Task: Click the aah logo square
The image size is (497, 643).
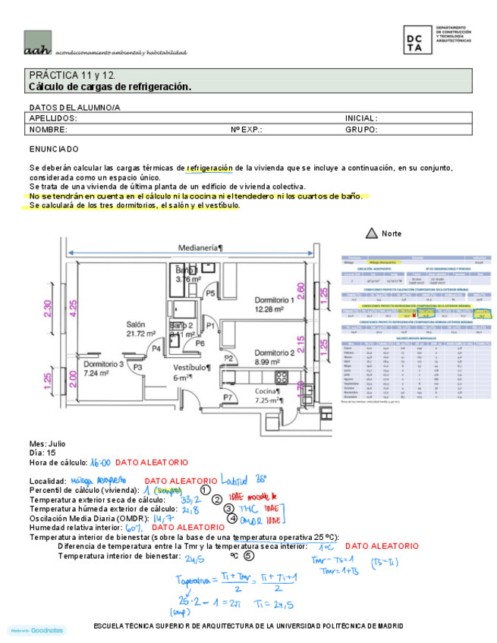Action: coord(38,43)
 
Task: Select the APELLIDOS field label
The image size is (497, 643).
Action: coord(53,119)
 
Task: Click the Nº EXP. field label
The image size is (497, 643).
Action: coord(247,130)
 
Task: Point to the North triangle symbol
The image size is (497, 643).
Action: coord(371,233)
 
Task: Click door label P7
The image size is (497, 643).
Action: coord(227,397)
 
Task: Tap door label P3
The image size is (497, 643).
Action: coord(138,366)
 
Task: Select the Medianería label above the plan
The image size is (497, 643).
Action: coord(200,247)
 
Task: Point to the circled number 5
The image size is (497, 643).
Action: coord(249,557)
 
